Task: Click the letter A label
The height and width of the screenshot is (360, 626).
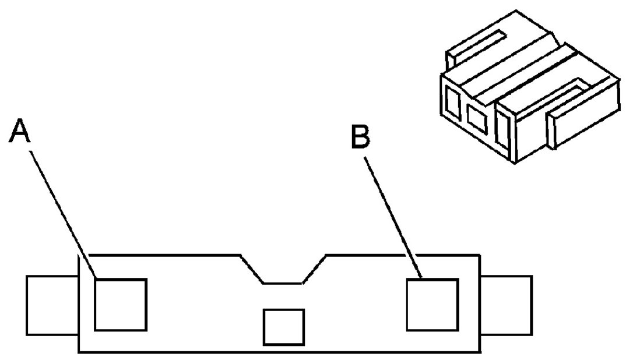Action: (x=19, y=130)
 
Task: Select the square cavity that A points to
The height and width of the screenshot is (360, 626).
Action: (x=120, y=305)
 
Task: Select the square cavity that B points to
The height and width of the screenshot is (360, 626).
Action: (x=432, y=305)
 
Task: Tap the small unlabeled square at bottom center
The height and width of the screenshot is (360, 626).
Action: (x=283, y=327)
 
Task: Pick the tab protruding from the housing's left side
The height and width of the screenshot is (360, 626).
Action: (x=52, y=305)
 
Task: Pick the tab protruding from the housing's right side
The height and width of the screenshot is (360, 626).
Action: (x=506, y=305)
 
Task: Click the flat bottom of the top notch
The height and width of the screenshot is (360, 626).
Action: (x=283, y=283)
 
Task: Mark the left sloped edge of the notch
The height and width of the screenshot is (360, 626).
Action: (x=252, y=269)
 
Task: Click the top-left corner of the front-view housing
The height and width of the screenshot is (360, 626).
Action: (x=79, y=255)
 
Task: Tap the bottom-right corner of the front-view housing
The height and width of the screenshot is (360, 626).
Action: (x=480, y=352)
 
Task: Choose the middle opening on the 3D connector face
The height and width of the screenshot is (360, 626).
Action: (x=477, y=119)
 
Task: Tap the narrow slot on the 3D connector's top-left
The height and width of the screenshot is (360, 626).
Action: (x=475, y=47)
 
